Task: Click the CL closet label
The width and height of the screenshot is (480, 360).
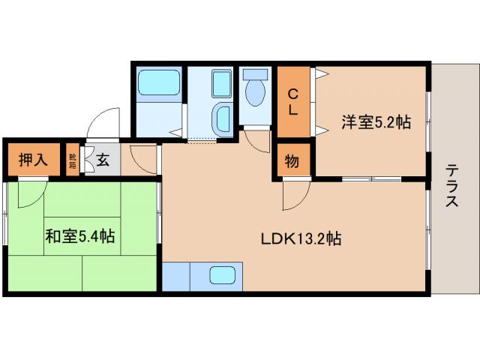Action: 294,101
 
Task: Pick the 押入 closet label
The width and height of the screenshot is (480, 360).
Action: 34,159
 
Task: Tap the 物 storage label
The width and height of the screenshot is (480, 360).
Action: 293,160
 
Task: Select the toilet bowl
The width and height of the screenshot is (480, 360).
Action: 256,95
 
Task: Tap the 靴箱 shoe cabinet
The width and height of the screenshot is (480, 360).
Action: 73,159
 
